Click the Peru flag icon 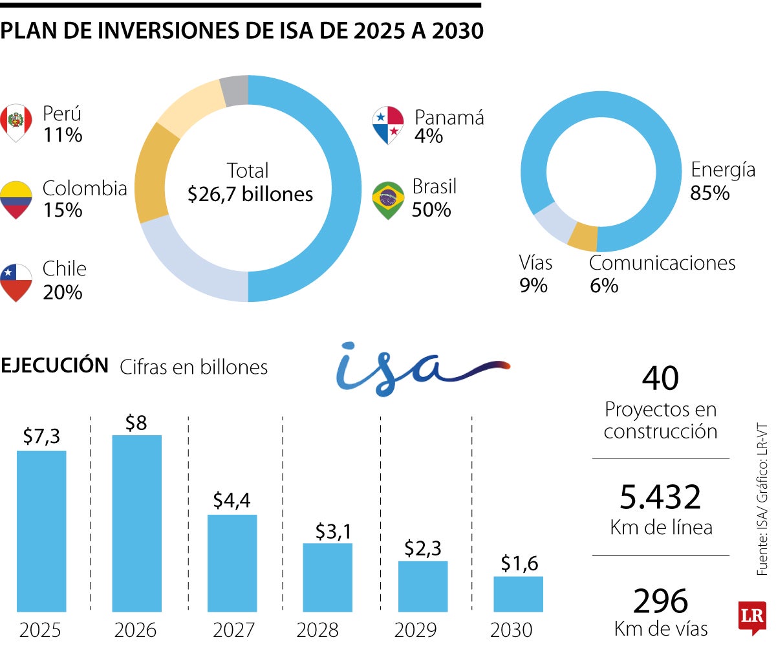(16, 122)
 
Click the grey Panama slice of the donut (235, 90)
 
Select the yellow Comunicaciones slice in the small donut (583, 237)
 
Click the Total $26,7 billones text (249, 182)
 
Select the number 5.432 (660, 497)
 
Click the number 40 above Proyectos (660, 378)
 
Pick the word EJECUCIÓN (54, 365)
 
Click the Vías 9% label (535, 274)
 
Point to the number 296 (660, 601)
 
